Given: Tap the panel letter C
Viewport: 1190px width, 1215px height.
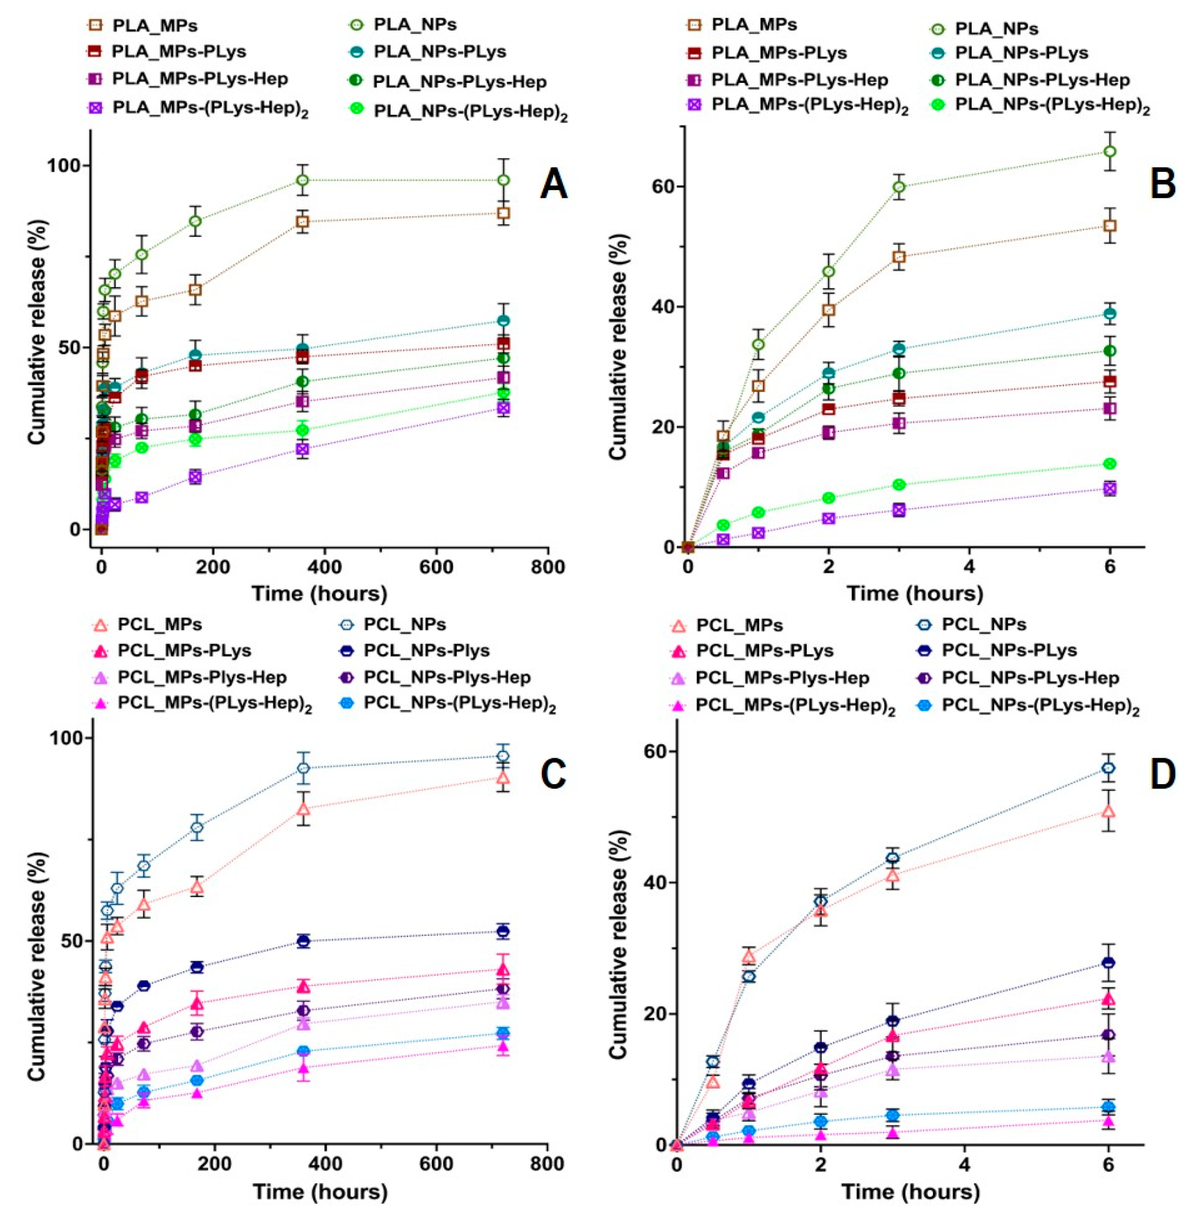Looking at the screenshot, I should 553,774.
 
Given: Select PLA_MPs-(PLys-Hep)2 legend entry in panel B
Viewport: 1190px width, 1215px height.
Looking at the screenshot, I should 809,105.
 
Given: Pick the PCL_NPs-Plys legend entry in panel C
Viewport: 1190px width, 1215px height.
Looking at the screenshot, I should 427,650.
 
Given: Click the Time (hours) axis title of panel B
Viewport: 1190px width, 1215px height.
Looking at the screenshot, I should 914,592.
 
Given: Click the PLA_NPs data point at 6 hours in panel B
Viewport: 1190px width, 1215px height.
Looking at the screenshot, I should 1110,151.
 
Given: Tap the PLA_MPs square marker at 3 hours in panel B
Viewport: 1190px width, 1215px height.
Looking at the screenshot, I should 899,257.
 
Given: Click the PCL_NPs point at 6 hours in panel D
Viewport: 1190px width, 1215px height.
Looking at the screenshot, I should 1108,768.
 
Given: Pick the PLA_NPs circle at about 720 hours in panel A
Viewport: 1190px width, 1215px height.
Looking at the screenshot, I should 503,180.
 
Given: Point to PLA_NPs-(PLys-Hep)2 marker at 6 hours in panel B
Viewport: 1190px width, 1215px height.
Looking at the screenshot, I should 1110,464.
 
